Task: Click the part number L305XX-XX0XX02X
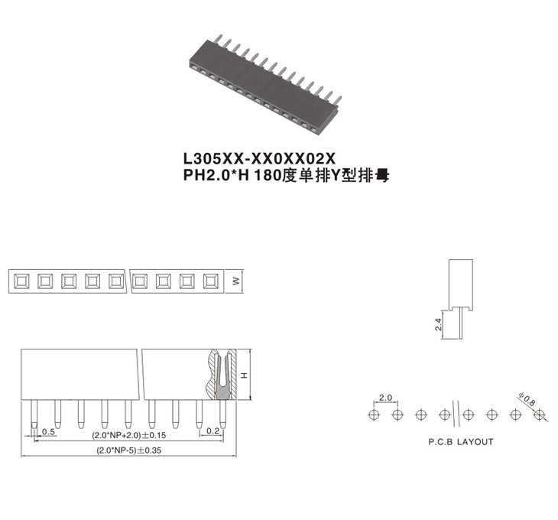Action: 259,158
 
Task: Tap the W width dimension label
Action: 236,281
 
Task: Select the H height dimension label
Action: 244,375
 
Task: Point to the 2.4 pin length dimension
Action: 438,324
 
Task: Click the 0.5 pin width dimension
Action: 48,432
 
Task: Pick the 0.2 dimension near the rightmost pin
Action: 212,431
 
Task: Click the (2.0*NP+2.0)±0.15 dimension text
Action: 129,435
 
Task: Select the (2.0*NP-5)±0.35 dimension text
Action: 129,450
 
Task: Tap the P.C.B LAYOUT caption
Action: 461,442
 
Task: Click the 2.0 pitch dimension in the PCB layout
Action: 385,397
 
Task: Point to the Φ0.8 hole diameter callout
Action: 527,399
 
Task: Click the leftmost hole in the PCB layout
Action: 374,414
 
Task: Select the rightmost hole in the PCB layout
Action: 539,414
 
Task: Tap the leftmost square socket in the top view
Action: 21,281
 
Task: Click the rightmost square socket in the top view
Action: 211,281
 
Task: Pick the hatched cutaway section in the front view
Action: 222,374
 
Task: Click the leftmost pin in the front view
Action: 34,414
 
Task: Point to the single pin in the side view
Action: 461,323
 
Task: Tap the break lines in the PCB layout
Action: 456,414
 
